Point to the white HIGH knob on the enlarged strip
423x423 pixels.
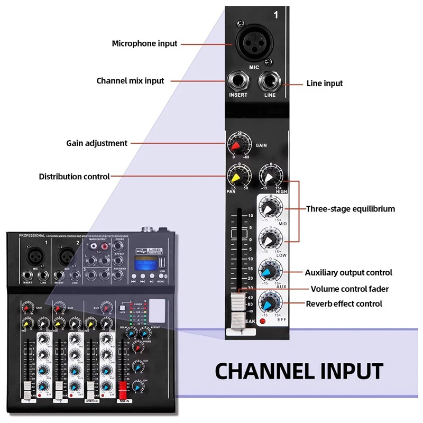tap(270, 176)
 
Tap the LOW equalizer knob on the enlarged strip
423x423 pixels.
tap(270, 240)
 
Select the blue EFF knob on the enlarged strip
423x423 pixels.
tap(270, 302)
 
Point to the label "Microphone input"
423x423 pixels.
tap(145, 43)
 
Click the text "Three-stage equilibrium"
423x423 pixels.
tap(351, 209)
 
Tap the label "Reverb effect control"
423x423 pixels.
tap(344, 304)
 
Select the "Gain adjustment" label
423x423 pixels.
tap(97, 143)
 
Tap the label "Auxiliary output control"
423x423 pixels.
tap(348, 273)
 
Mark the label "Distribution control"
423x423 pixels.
tap(75, 177)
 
